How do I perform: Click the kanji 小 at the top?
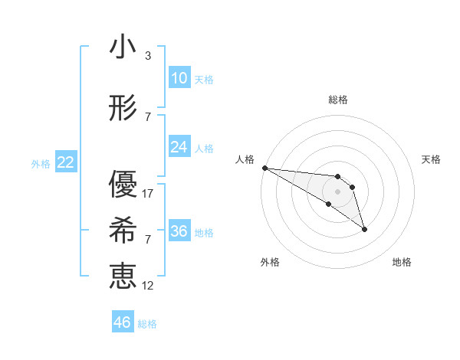(x=123, y=47)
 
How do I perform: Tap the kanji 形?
(x=123, y=109)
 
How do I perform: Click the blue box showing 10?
(x=179, y=78)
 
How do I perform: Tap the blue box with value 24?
(x=179, y=147)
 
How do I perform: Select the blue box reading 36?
(x=179, y=231)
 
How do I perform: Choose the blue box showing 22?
(x=65, y=162)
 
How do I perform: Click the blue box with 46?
(x=122, y=322)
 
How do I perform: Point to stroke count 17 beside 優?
(x=149, y=194)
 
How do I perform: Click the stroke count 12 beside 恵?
(x=149, y=286)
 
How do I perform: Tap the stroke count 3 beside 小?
(x=148, y=56)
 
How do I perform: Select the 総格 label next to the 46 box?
(x=147, y=324)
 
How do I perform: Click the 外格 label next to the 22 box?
(x=41, y=163)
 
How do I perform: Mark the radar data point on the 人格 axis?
(x=264, y=168)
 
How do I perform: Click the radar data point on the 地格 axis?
(x=364, y=229)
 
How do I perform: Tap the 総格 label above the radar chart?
(x=337, y=100)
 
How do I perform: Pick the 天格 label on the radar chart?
(x=432, y=159)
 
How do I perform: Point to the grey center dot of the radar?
(x=337, y=191)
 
